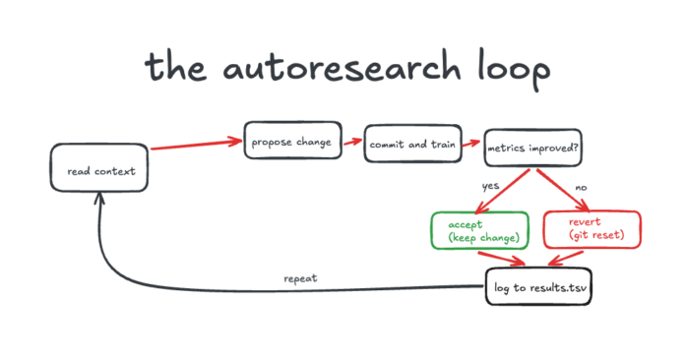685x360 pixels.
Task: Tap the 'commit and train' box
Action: click(410, 144)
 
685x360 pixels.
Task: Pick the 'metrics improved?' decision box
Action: click(532, 150)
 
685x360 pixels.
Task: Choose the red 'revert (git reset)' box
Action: click(592, 229)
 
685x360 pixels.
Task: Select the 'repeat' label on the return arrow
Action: click(300, 277)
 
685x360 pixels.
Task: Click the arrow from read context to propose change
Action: click(197, 147)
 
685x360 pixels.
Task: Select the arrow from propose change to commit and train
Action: click(352, 143)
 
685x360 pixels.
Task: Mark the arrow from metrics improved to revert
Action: click(563, 190)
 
